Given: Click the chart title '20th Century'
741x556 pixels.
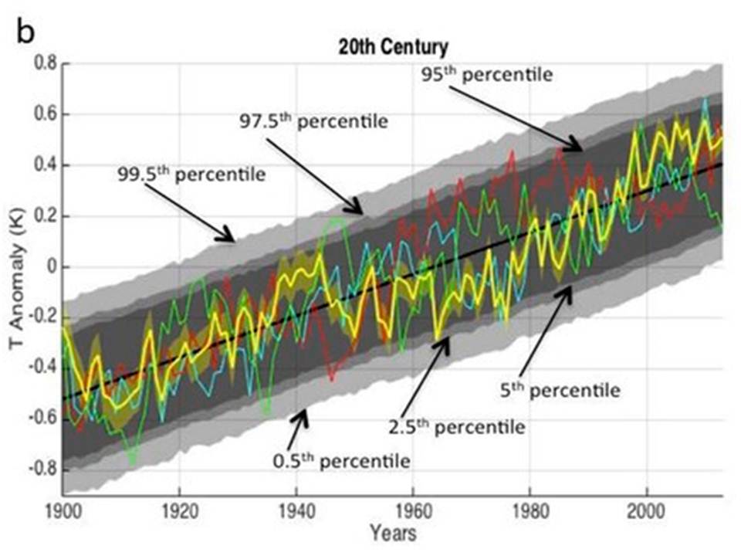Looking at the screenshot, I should [393, 47].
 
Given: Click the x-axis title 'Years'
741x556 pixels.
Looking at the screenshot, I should [392, 534].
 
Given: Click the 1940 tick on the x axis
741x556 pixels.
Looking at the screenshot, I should [296, 510].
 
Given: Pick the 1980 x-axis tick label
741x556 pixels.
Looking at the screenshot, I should [530, 510].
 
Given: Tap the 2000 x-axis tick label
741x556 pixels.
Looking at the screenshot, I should [646, 510].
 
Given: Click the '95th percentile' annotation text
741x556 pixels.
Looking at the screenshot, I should [487, 76].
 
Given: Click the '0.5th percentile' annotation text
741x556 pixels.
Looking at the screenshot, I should [340, 461].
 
